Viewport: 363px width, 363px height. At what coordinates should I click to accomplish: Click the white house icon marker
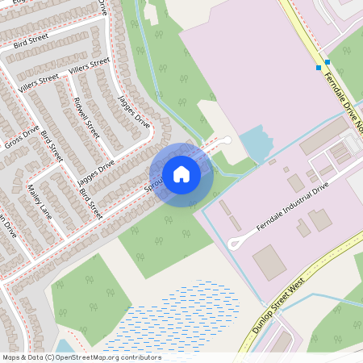[x=181, y=174]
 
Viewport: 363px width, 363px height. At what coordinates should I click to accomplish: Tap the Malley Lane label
[x=39, y=202]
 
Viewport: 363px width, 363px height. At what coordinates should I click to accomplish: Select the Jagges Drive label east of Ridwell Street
[x=134, y=111]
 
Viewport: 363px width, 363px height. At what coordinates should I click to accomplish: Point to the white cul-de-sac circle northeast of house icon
[x=227, y=140]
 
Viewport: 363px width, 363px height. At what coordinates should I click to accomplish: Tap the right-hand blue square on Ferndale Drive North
[x=328, y=62]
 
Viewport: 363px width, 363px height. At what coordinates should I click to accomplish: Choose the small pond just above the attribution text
[x=65, y=348]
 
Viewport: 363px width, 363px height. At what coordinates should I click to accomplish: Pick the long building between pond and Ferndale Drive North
[x=323, y=136]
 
